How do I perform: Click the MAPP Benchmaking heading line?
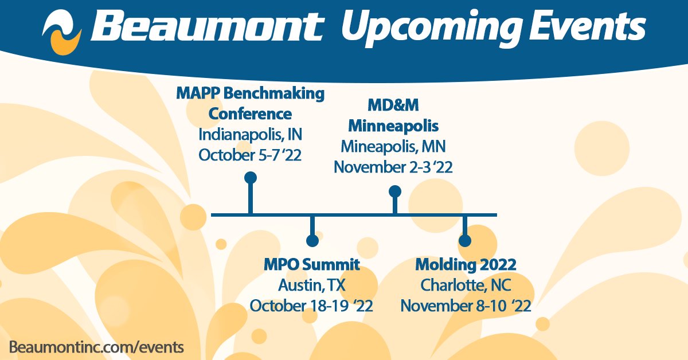[250, 93]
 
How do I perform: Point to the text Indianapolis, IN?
[250, 135]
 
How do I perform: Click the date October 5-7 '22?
[250, 155]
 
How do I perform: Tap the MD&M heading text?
[393, 105]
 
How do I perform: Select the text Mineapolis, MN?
[393, 146]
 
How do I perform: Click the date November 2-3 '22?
[393, 167]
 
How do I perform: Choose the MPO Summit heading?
[312, 265]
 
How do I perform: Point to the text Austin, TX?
[312, 285]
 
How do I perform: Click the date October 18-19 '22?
[312, 305]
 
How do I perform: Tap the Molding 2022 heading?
[466, 265]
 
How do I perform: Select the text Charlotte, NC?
[466, 285]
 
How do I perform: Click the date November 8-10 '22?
[466, 305]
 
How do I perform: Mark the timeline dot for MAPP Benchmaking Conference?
[250, 178]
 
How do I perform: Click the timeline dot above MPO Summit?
[312, 241]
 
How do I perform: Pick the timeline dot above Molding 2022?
[466, 241]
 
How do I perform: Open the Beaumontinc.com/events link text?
[96, 346]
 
